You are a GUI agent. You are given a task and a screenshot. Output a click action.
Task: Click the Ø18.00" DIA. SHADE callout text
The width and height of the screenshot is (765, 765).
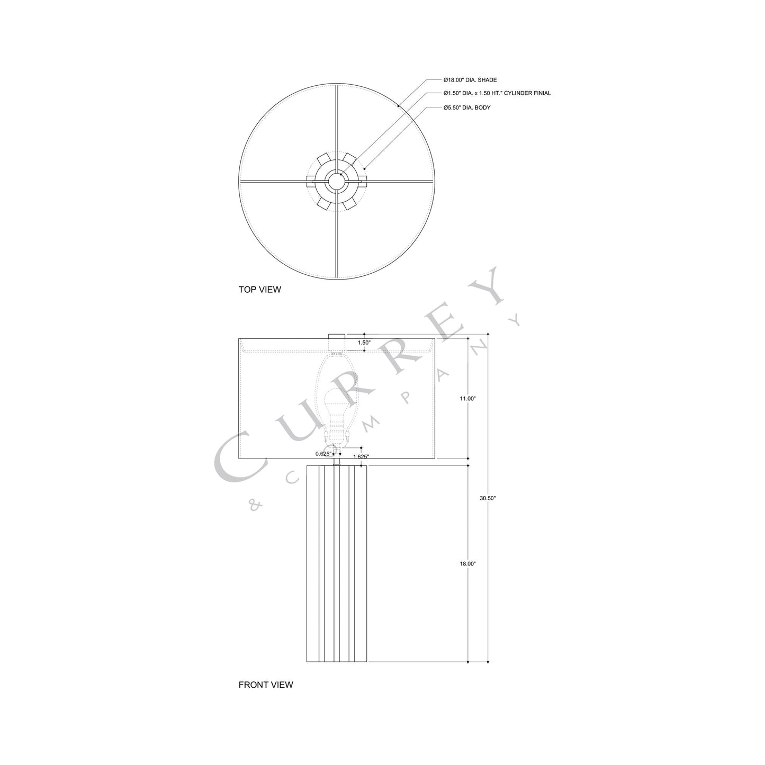(470, 80)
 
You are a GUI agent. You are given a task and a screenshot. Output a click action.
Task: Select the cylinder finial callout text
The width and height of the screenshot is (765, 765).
(497, 93)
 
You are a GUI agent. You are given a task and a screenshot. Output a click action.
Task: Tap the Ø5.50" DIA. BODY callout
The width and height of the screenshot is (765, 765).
(467, 107)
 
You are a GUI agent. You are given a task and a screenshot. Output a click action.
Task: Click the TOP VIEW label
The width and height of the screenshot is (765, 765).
(259, 290)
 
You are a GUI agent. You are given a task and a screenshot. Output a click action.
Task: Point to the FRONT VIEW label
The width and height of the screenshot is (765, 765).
(265, 685)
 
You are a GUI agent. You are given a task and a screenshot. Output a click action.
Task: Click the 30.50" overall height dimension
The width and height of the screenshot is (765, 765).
(488, 498)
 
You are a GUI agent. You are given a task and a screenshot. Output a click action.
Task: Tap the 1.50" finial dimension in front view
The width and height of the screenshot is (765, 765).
(364, 343)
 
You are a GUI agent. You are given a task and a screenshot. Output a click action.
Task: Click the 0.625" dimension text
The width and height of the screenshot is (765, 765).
(323, 454)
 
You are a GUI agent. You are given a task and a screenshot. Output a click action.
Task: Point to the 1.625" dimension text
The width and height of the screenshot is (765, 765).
(361, 456)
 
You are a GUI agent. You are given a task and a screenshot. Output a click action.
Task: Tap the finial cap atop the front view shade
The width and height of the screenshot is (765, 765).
(337, 337)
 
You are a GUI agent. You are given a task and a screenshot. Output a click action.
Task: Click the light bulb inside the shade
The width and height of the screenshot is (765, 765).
(336, 402)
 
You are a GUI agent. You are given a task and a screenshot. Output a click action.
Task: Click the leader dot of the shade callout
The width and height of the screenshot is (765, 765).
(398, 106)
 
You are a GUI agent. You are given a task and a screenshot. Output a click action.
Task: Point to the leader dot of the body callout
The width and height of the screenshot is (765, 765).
(365, 168)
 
